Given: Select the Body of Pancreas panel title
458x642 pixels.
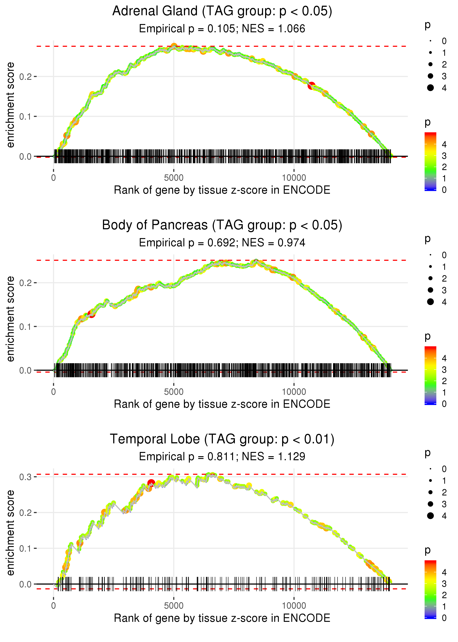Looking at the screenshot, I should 222,225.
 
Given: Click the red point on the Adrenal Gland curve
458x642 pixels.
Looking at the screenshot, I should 311,85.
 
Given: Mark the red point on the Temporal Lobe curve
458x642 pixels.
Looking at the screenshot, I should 151,483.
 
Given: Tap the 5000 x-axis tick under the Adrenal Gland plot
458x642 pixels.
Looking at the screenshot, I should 173,178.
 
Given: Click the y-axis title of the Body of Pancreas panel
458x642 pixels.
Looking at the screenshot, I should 10,319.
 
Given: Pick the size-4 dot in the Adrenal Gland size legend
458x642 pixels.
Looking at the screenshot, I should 430,88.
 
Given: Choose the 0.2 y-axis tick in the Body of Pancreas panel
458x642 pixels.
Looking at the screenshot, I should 25,283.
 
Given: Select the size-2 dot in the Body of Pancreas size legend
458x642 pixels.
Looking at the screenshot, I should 430,278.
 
